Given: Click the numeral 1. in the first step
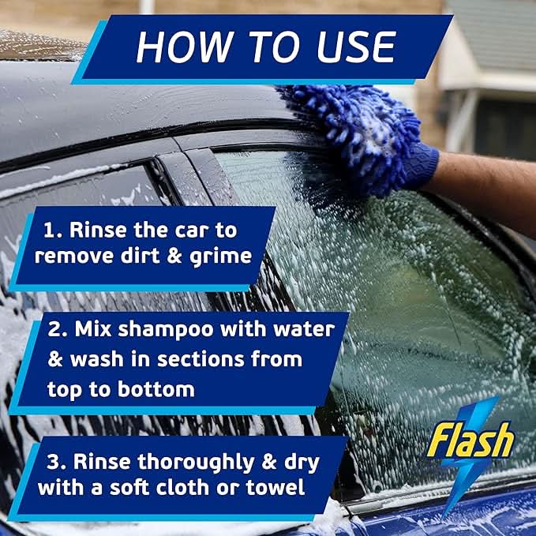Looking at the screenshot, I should (51, 230).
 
